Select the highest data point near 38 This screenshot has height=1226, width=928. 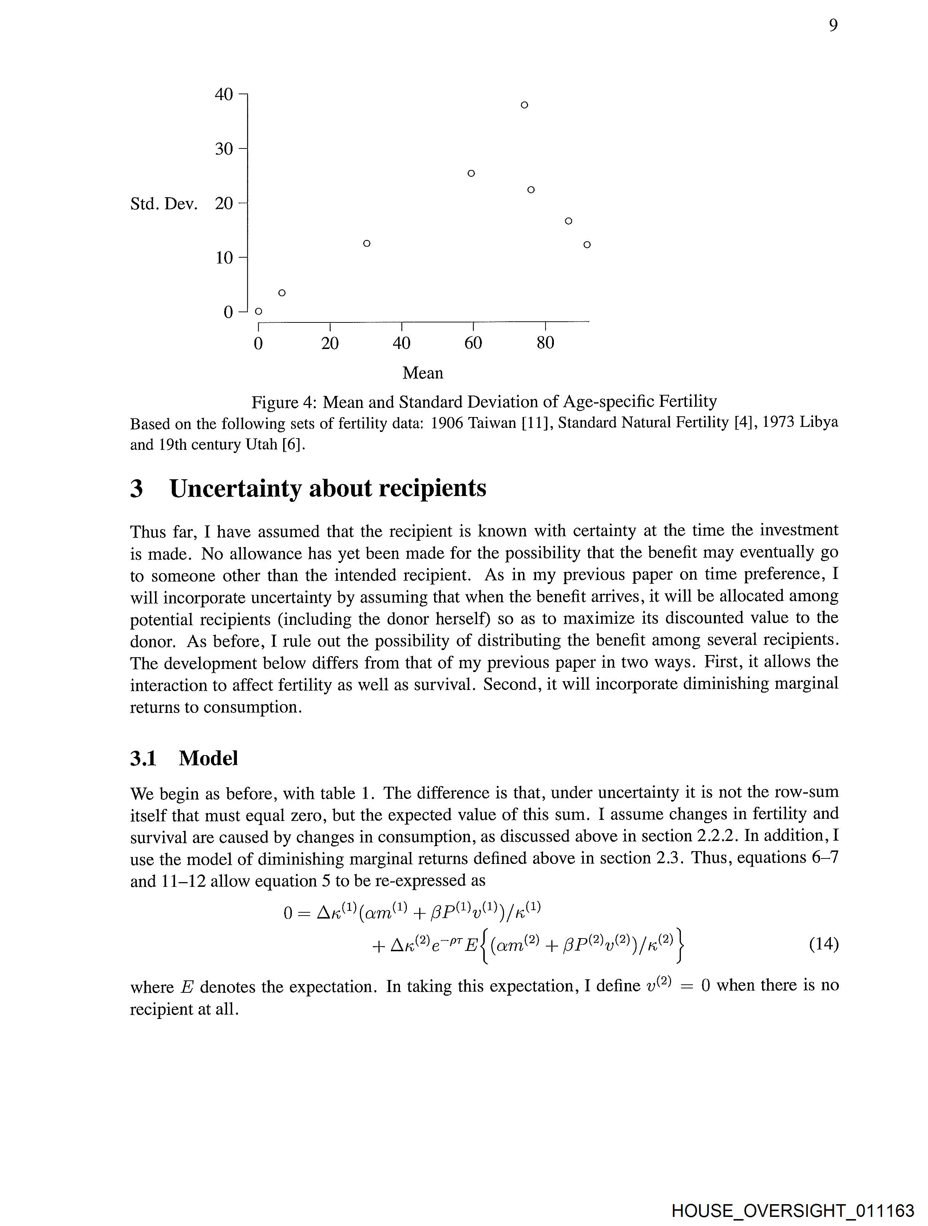(524, 105)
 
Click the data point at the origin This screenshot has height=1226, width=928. (258, 312)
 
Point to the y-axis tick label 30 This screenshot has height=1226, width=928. (224, 148)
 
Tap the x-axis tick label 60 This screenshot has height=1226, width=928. (473, 343)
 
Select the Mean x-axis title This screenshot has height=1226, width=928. (423, 373)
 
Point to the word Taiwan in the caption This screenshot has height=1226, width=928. (492, 424)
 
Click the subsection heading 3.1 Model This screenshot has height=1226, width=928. (184, 758)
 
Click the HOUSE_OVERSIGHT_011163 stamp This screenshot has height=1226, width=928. (793, 1210)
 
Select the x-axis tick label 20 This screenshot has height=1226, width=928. (330, 343)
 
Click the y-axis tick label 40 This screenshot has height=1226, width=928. (224, 94)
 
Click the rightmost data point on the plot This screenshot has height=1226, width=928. (587, 245)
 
